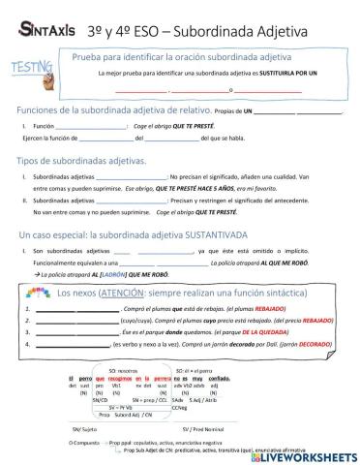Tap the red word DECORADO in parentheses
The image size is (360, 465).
pos(294,343)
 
